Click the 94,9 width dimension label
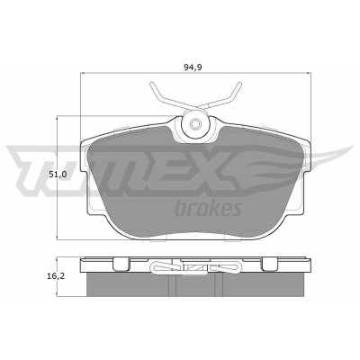pos(193,67)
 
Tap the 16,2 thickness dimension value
pos(56,276)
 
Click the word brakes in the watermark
pos(208,209)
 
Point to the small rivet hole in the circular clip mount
pos(195,123)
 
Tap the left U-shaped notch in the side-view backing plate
pos(121,264)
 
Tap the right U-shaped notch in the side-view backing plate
pos(269,264)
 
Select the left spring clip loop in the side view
pos(165,266)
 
